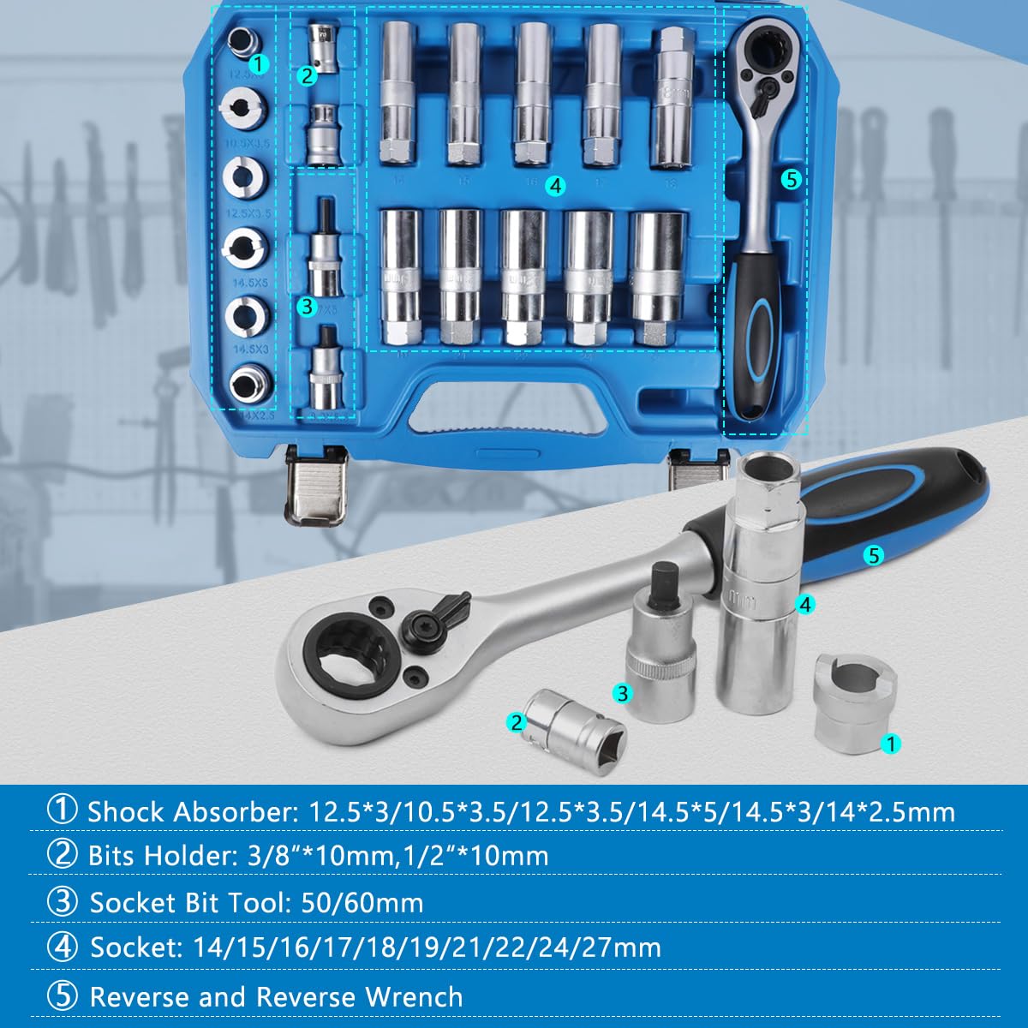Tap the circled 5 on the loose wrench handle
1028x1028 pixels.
point(873,555)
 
